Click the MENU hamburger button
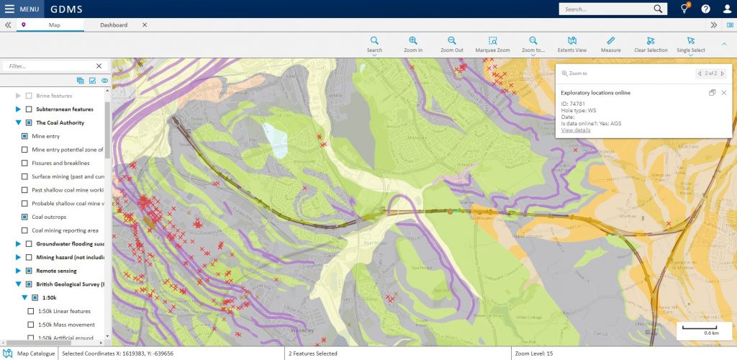click(22, 9)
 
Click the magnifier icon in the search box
click(659, 9)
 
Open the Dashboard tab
click(114, 25)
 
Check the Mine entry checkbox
click(25, 136)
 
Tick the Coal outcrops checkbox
click(25, 217)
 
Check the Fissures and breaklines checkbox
click(25, 163)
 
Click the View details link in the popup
click(576, 130)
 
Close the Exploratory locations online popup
click(724, 93)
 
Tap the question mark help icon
click(705, 9)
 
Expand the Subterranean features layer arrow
click(18, 109)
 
